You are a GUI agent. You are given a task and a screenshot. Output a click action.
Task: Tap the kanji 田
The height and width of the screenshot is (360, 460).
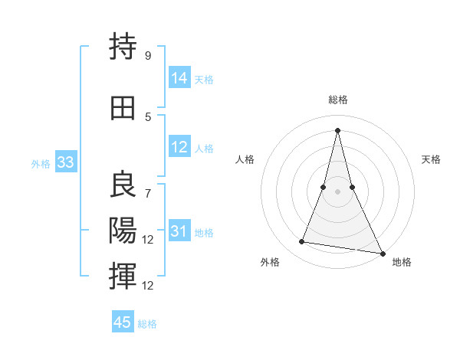point(123,107)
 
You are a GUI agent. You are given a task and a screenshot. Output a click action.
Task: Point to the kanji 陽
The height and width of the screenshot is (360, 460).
point(123,230)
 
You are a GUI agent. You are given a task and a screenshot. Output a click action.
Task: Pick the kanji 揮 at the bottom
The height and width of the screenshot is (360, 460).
point(123,275)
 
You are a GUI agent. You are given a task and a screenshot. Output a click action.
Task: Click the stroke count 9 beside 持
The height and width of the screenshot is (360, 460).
point(147,56)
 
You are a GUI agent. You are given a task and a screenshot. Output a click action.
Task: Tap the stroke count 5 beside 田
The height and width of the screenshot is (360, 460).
point(148,116)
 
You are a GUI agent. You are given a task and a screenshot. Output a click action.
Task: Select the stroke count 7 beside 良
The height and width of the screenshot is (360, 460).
point(148,186)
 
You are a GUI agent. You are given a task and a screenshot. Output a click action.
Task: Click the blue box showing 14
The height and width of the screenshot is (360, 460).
point(179,78)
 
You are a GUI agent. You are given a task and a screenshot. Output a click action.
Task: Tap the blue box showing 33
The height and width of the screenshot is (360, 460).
point(66,162)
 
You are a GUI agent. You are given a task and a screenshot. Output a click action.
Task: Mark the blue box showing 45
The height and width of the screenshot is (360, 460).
point(123,322)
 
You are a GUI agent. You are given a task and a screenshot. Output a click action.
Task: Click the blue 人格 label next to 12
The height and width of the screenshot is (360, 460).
point(204,149)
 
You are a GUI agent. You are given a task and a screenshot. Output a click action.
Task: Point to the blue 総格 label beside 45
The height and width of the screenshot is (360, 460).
point(147,324)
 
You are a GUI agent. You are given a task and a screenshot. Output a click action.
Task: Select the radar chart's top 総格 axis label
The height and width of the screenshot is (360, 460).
point(337,100)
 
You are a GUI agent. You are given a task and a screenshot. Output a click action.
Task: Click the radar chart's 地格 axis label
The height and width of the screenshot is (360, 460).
point(402,262)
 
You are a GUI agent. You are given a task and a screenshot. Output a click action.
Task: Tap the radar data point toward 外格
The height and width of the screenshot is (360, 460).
point(302,242)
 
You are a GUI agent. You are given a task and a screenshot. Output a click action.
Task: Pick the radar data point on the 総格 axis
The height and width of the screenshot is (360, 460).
point(337,129)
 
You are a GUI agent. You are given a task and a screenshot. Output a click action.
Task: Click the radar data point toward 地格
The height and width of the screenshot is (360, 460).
point(383,253)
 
